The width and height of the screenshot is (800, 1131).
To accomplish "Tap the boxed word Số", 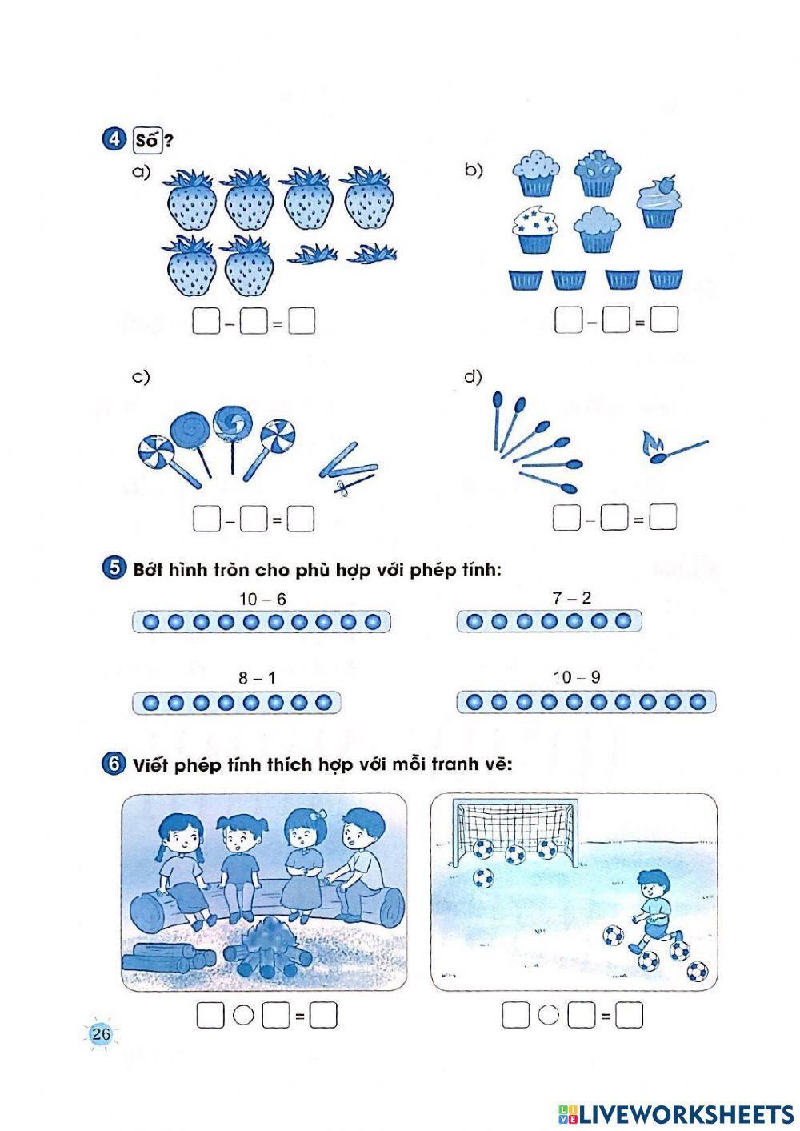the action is click(147, 140).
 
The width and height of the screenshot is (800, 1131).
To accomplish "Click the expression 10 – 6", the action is click(262, 600).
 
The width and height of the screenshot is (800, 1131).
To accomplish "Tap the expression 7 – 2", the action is click(571, 599).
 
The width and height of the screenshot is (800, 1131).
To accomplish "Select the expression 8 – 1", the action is click(257, 678).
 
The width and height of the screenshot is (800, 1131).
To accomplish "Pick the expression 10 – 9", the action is click(577, 677).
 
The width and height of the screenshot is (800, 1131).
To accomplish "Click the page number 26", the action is click(101, 1033).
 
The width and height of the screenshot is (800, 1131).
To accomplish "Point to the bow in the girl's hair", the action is click(317, 816).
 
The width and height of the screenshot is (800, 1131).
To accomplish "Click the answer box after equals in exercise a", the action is click(302, 321).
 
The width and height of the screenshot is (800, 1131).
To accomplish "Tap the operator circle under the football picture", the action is click(549, 1015).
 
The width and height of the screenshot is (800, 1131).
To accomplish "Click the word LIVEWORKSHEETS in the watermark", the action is click(686, 1114).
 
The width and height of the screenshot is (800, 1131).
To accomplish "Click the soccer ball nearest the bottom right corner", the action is click(698, 970).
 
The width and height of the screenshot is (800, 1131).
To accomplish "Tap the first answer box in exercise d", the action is click(566, 518).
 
